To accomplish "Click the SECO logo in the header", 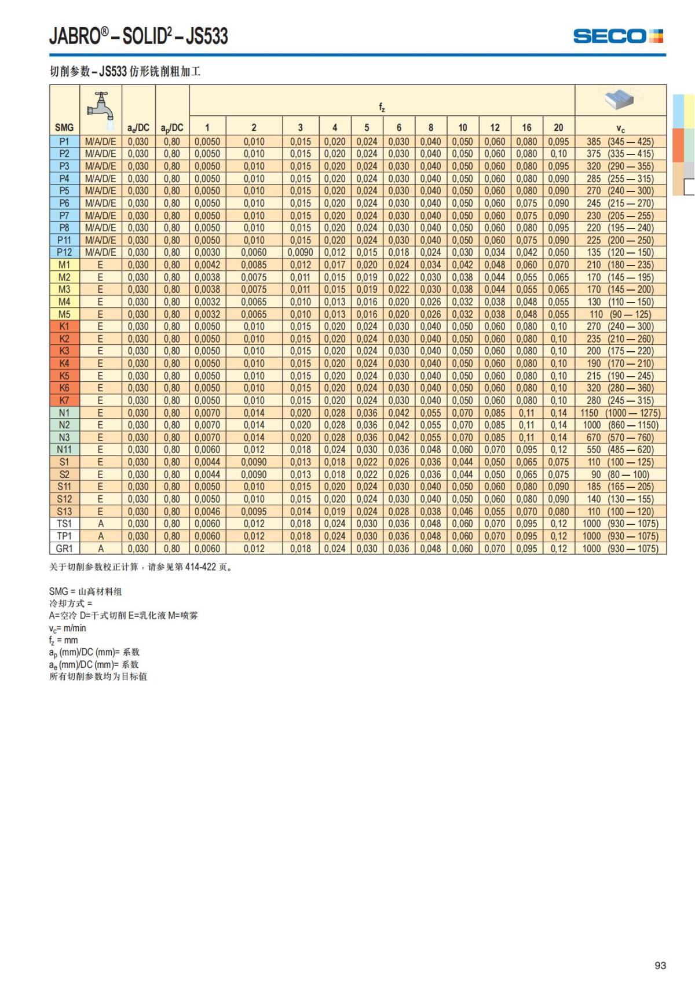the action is (x=617, y=36).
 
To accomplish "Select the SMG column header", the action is (x=64, y=127).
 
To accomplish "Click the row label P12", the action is (x=64, y=252).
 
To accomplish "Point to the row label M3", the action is (x=64, y=289).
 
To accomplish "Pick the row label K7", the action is (x=64, y=400).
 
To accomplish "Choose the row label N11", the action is (x=64, y=450).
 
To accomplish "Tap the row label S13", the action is (x=64, y=512).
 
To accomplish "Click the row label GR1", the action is (x=64, y=549).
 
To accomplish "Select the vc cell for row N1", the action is (x=620, y=413).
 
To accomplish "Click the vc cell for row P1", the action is (x=620, y=142).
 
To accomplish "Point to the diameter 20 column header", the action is (x=558, y=127).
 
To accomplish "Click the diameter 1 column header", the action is (x=207, y=127).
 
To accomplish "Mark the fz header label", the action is (x=382, y=107).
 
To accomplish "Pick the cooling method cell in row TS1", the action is (x=100, y=524).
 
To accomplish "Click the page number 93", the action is (x=660, y=965).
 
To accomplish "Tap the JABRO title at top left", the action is (x=138, y=36).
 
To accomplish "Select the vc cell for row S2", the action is (x=620, y=475).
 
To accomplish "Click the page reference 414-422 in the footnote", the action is (x=200, y=567).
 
